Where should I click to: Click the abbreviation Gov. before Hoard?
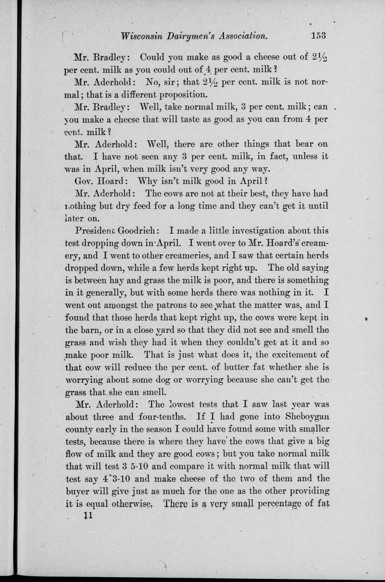pyautogui.click(x=83, y=181)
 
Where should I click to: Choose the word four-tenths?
pyautogui.click(x=166, y=416)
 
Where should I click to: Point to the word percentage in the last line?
pyautogui.click(x=277, y=503)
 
